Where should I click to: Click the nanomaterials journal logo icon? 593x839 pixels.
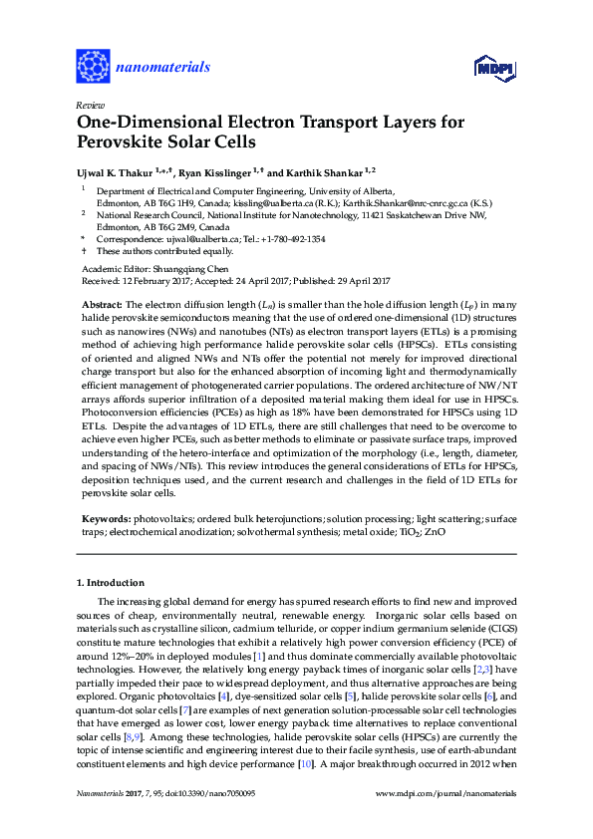(93, 67)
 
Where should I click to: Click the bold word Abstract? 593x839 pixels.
(101, 303)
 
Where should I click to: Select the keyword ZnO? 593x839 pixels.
(436, 532)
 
